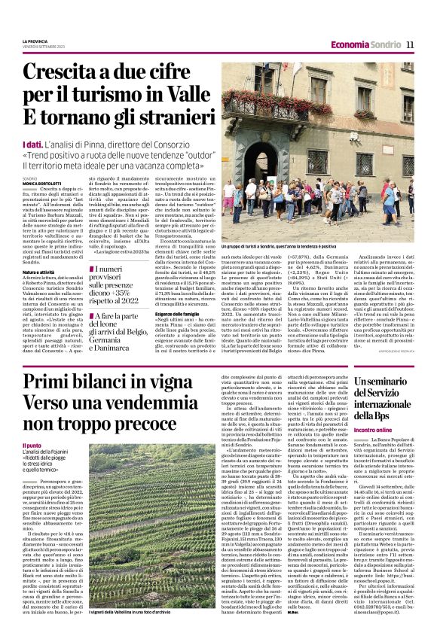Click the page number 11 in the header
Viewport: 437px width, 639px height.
point(410,43)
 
